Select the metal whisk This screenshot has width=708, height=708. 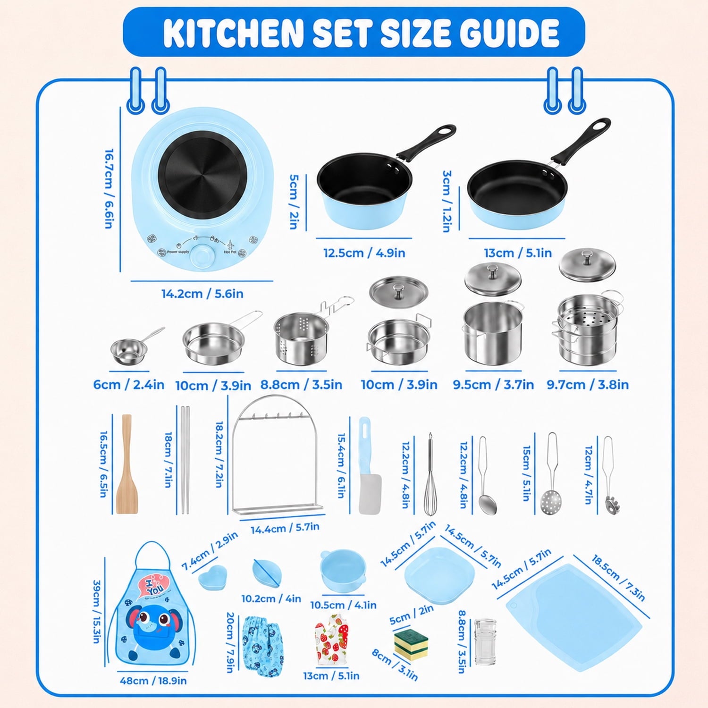[x=430, y=474]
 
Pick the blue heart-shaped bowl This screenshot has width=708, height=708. [x=212, y=578]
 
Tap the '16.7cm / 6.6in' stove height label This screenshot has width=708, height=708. [x=109, y=189]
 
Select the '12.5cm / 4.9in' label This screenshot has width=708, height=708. [x=364, y=253]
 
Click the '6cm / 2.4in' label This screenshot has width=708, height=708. [x=129, y=385]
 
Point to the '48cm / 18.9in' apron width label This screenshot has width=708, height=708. [x=153, y=681]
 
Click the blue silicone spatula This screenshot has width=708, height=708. [x=369, y=465]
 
